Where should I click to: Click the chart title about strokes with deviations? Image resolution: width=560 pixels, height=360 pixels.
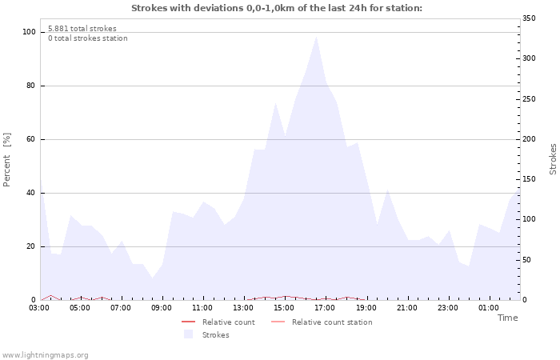tap(276, 8)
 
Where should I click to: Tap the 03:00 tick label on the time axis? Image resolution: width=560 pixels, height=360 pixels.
tap(40, 307)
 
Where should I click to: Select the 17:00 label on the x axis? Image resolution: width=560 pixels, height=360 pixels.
tap(325, 307)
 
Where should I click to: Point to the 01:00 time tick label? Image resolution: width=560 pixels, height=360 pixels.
tap(488, 307)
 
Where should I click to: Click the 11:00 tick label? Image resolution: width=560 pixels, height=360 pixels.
tap(202, 307)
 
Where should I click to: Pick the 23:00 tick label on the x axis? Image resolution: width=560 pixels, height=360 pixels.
tap(447, 307)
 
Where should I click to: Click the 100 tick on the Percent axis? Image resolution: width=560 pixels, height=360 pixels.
tap(29, 32)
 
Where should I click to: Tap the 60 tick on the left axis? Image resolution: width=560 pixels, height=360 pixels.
tap(31, 139)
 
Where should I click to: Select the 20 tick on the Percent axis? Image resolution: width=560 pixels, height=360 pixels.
tap(31, 246)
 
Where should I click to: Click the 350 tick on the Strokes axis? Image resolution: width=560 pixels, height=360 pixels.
tap(529, 18)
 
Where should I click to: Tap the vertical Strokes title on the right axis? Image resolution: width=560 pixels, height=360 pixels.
tap(553, 158)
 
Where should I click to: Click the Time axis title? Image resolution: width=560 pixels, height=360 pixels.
tap(508, 318)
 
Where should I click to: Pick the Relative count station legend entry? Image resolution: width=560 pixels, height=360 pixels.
tap(331, 322)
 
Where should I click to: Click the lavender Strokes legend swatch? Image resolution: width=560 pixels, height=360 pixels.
tap(189, 334)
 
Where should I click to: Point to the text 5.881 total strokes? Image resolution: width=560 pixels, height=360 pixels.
tap(82, 29)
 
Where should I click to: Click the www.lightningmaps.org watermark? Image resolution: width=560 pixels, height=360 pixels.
tap(45, 355)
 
